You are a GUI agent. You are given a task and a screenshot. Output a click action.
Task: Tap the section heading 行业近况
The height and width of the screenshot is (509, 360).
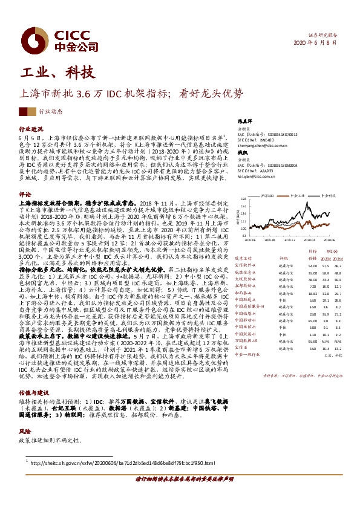31,129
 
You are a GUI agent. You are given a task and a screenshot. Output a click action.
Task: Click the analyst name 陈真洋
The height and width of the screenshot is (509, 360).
244,122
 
